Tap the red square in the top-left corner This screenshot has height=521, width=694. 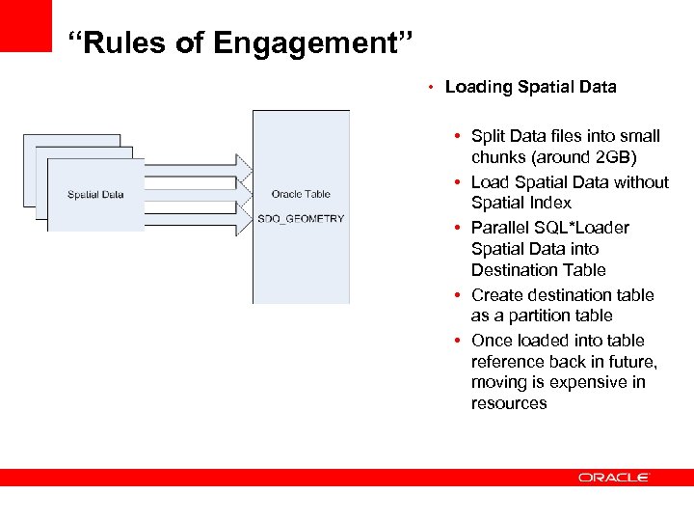(25, 25)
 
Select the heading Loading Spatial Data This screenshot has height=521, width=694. (530, 87)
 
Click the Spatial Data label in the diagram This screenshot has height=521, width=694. (95, 195)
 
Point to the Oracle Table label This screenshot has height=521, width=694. (301, 195)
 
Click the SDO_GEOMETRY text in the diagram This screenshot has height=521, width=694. (301, 219)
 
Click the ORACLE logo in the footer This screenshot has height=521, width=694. (614, 478)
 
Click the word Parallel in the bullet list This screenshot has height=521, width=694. (501, 228)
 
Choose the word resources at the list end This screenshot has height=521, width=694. (509, 403)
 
